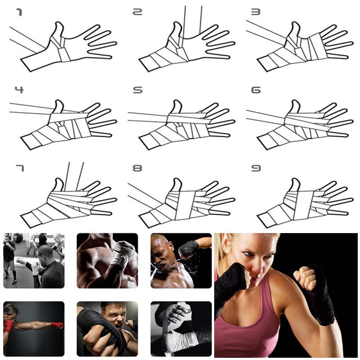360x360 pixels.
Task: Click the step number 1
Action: click(20, 12)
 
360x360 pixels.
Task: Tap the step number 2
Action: click(138, 12)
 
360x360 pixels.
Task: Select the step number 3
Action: click(256, 12)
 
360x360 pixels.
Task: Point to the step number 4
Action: click(19, 90)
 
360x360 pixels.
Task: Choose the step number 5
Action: click(138, 90)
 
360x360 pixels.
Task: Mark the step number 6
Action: click(256, 90)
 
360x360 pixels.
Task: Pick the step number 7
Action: click(20, 168)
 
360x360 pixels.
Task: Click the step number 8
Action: click(138, 168)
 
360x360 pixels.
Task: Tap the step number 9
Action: click(256, 168)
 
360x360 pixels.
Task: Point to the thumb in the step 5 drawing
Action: click(177, 107)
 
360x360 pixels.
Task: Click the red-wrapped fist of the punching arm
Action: click(58, 325)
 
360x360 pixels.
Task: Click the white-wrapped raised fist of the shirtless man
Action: click(123, 253)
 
